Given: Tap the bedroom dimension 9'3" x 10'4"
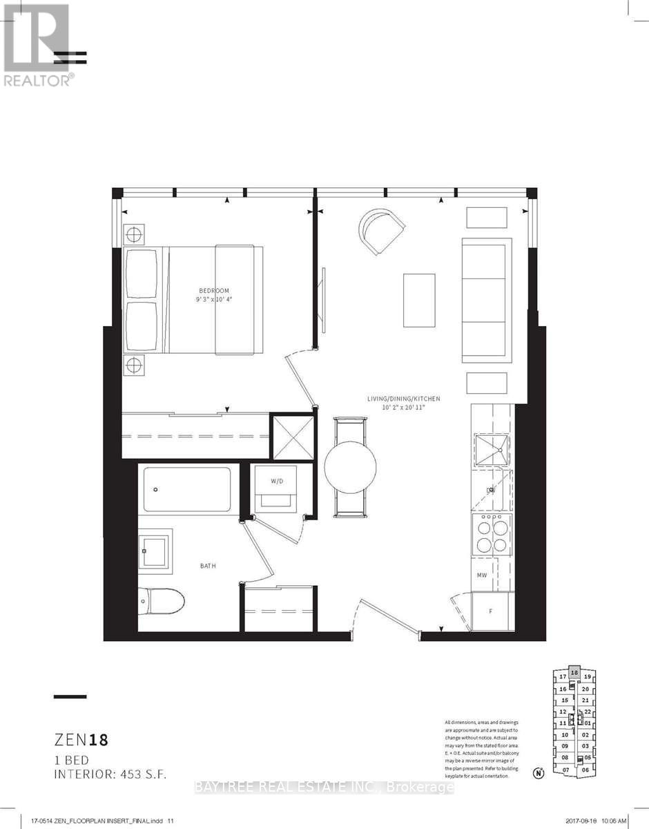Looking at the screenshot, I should tap(215, 301).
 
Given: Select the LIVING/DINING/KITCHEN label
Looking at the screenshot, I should tap(403, 399).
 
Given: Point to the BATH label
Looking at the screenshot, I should tap(208, 566).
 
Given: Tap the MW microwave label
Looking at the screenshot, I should tap(483, 574).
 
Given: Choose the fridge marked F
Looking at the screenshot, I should tap(492, 611).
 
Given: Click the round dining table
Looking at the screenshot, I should tap(351, 468).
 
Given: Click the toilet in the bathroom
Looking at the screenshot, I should tap(162, 600).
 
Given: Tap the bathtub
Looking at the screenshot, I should tap(188, 489).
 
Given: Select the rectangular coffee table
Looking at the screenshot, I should tap(420, 301).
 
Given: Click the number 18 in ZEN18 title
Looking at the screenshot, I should tap(97, 741).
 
